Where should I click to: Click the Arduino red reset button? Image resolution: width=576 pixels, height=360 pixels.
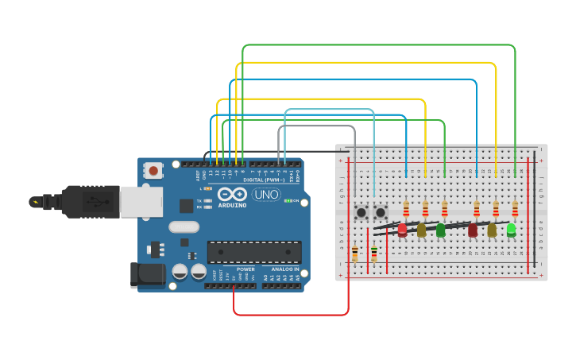153,170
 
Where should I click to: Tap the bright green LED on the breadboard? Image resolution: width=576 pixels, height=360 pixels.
511,229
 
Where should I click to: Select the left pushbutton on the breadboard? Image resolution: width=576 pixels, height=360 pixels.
361,212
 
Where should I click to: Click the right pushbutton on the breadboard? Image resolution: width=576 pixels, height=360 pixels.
381,212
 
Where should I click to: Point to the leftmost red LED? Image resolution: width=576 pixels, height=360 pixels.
402,230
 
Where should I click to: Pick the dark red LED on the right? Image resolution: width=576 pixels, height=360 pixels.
473,230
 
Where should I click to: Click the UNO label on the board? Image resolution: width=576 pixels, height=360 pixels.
266,195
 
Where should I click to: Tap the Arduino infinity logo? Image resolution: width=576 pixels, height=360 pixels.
232,195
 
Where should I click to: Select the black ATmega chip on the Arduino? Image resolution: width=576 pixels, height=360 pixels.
254,252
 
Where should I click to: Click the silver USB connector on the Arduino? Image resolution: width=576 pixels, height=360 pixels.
141,201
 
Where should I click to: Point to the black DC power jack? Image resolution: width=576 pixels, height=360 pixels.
148,275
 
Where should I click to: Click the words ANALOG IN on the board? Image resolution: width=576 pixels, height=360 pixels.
284,269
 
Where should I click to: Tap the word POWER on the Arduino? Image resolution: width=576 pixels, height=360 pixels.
245,269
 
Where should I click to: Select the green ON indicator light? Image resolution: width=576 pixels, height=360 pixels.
287,200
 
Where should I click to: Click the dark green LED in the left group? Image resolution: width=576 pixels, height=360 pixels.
441,230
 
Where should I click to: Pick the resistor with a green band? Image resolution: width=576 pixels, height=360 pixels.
374,254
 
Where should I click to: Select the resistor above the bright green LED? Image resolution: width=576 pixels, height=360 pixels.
515,208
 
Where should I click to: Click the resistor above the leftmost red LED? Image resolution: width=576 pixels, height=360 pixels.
406,208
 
